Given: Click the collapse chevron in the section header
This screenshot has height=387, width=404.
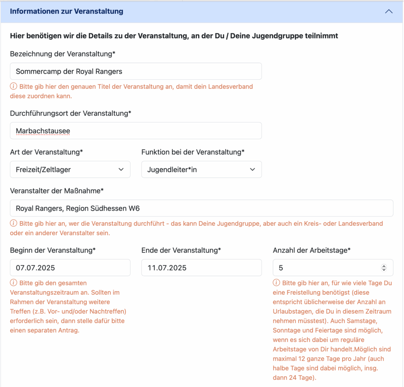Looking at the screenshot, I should pyautogui.click(x=389, y=11).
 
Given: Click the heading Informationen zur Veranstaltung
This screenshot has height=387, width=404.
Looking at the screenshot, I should pyautogui.click(x=66, y=11).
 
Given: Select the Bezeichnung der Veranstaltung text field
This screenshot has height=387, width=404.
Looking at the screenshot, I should pyautogui.click(x=136, y=71).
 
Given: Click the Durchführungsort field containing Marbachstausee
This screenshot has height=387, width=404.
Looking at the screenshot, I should pyautogui.click(x=136, y=130).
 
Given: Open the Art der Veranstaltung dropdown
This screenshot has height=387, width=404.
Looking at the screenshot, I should pyautogui.click(x=70, y=169).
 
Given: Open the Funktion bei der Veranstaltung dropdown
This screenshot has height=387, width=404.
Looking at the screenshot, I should pyautogui.click(x=201, y=169).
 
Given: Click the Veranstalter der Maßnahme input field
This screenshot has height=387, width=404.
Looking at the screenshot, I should pyautogui.click(x=201, y=208).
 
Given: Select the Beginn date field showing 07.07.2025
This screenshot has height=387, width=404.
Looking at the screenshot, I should pyautogui.click(x=70, y=268).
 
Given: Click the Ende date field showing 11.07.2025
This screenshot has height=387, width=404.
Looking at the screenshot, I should pyautogui.click(x=201, y=268).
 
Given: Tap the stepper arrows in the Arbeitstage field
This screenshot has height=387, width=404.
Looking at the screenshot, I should pyautogui.click(x=384, y=268).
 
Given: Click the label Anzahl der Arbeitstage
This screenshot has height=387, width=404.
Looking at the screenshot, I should pyautogui.click(x=312, y=250).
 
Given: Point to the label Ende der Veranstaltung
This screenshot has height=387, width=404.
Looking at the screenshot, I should pyautogui.click(x=181, y=250).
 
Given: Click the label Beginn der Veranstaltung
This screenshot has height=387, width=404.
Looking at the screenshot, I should pyautogui.click(x=53, y=250).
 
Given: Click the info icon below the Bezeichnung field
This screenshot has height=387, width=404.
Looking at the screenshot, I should pyautogui.click(x=13, y=86).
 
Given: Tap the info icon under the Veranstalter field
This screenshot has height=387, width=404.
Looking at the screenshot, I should pyautogui.click(x=13, y=223).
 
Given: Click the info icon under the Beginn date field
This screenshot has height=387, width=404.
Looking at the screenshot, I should pyautogui.click(x=13, y=283).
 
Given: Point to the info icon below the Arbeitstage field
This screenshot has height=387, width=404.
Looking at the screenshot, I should pyautogui.click(x=276, y=283).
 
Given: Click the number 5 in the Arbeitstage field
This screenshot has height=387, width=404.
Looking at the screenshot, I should pyautogui.click(x=281, y=268).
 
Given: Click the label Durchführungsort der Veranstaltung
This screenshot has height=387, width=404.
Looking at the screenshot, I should pyautogui.click(x=70, y=113).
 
